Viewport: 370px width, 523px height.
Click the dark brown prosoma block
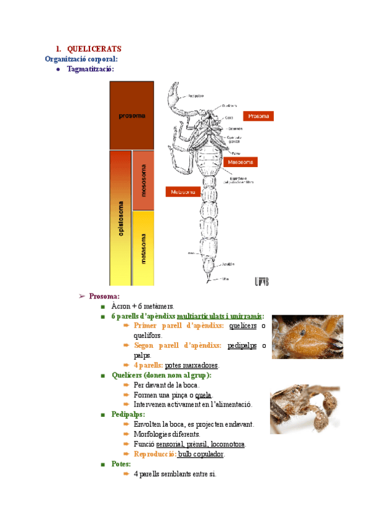pos(131,115)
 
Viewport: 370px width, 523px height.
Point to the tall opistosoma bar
pos(120,217)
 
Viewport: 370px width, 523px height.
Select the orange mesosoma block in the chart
pos(143,180)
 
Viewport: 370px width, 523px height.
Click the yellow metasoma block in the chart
pos(143,248)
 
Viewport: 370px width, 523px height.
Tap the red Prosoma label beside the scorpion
pos(258,115)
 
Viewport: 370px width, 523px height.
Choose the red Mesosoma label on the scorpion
pos(239,162)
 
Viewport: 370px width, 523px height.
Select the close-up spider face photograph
pos(307,337)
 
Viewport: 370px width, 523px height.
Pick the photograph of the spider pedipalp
pos(305,410)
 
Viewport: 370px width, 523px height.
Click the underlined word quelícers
pos(243,326)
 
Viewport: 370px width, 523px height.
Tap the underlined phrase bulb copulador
pos(201,454)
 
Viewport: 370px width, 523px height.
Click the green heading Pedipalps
pos(127,414)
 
